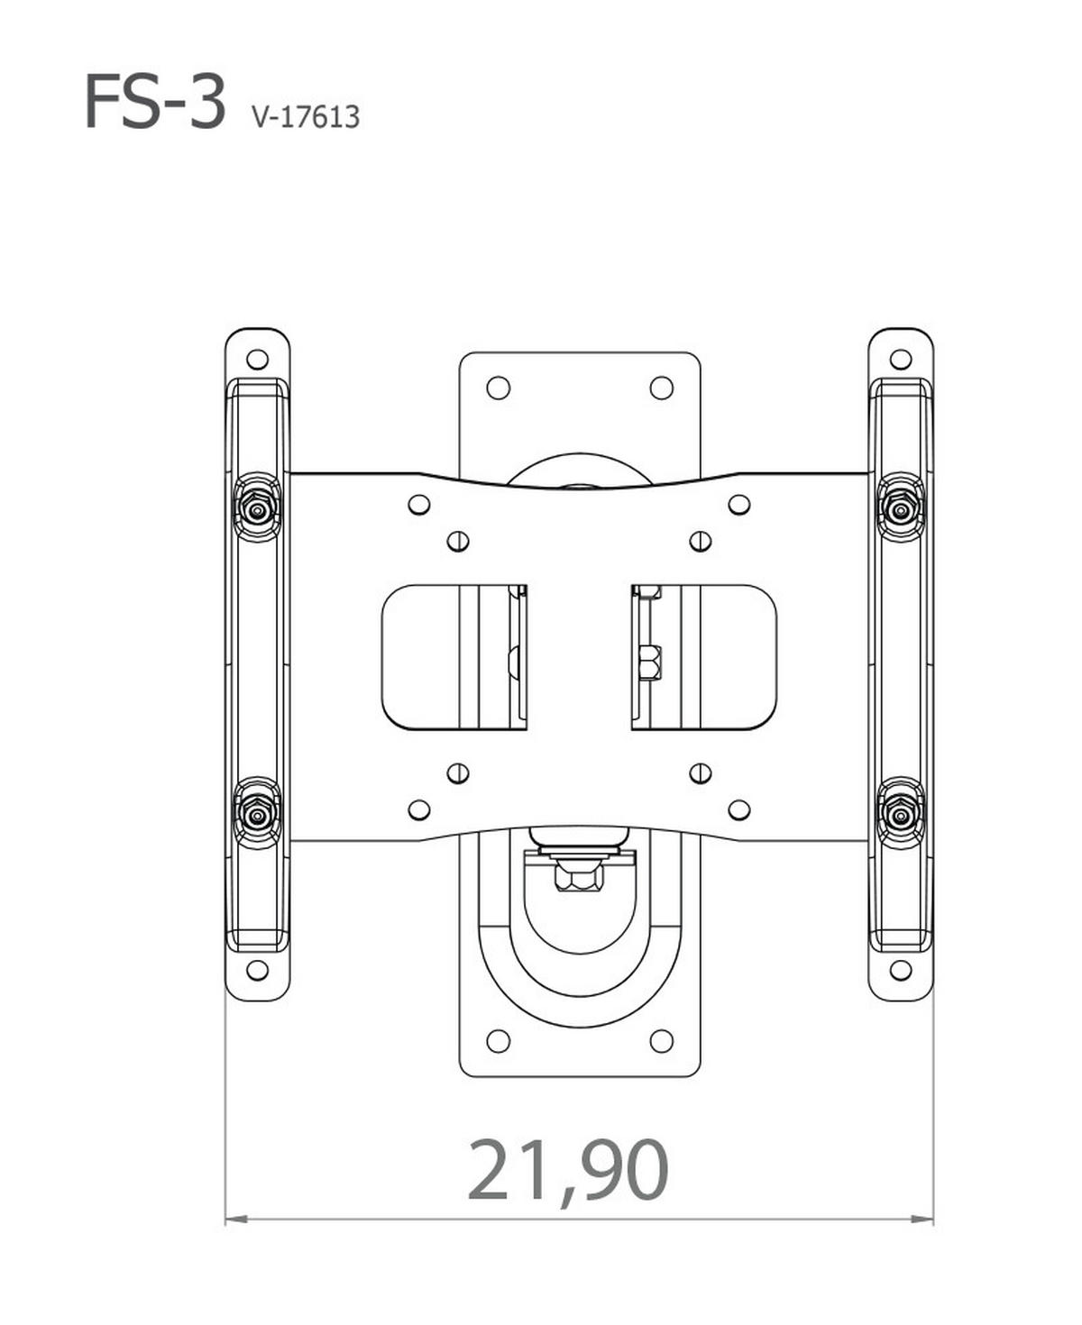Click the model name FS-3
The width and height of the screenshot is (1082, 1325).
coord(154,102)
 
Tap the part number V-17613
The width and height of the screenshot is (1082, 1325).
coord(306,117)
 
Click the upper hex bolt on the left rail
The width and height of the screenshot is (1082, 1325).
coord(257,507)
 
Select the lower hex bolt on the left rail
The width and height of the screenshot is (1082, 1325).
coord(257,816)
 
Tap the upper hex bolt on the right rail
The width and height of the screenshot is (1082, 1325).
coord(901,507)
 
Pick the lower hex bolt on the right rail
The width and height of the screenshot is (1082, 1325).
coord(901,816)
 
